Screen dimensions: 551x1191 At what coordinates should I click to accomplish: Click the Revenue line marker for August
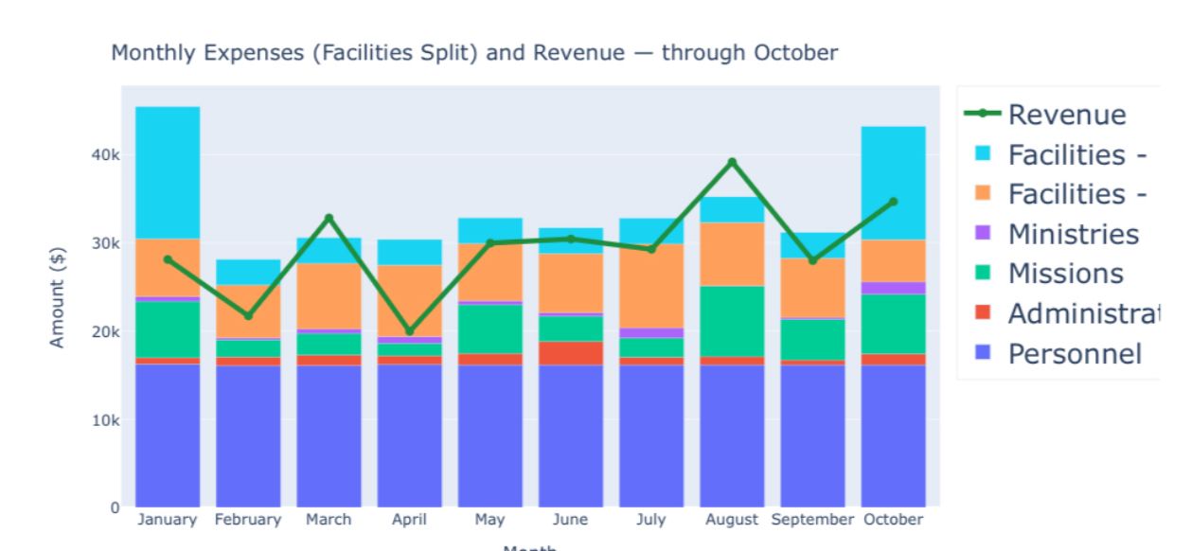pyautogui.click(x=732, y=162)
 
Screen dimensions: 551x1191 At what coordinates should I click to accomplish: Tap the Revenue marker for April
pyautogui.click(x=409, y=331)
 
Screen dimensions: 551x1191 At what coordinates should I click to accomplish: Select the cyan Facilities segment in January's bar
pyautogui.click(x=168, y=172)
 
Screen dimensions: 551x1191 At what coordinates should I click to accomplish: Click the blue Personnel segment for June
pyautogui.click(x=571, y=435)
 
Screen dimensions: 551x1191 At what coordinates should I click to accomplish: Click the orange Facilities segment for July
pyautogui.click(x=651, y=286)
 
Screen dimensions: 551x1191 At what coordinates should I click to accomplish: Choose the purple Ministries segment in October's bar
pyautogui.click(x=893, y=288)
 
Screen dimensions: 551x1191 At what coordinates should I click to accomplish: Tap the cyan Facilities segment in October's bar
pyautogui.click(x=893, y=183)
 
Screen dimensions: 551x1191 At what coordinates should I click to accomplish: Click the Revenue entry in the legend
pyautogui.click(x=1067, y=115)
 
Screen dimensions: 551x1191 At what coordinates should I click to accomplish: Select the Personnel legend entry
pyautogui.click(x=1075, y=354)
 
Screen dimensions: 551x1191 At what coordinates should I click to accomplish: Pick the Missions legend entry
pyautogui.click(x=1065, y=275)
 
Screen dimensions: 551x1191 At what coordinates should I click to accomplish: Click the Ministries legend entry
pyautogui.click(x=1073, y=234)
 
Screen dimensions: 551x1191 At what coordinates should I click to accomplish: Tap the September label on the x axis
pyautogui.click(x=811, y=520)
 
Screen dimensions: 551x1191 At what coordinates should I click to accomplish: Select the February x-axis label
pyautogui.click(x=248, y=520)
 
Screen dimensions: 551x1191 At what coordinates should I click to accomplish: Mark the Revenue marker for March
pyautogui.click(x=329, y=218)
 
